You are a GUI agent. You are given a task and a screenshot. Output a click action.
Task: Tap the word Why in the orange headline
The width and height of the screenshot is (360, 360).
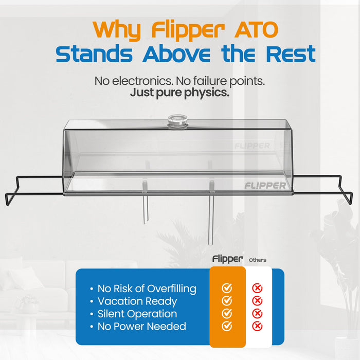click(x=119, y=30)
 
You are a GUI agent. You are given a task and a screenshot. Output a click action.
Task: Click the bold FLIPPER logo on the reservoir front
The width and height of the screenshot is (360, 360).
click(x=264, y=185)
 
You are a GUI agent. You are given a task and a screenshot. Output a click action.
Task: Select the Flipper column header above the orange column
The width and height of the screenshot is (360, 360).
click(x=227, y=259)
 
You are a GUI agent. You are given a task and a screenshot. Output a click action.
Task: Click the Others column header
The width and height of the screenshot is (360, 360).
click(x=258, y=260)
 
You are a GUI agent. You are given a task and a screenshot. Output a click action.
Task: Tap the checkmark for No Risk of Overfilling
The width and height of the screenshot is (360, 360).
click(x=227, y=289)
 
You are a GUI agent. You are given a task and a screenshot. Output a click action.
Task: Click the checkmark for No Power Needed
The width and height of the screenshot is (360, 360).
click(x=227, y=326)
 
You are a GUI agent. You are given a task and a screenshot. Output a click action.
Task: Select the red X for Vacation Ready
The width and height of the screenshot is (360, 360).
click(x=258, y=301)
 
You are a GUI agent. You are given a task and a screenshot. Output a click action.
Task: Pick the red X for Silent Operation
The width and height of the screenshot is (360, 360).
click(x=258, y=314)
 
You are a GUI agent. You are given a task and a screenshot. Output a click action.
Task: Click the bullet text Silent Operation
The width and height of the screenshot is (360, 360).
click(x=137, y=314)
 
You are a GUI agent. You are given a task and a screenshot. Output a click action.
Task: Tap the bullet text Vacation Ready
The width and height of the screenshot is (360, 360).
click(x=137, y=301)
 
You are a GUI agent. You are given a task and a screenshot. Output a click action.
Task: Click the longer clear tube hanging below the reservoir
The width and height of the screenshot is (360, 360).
click(x=211, y=216)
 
